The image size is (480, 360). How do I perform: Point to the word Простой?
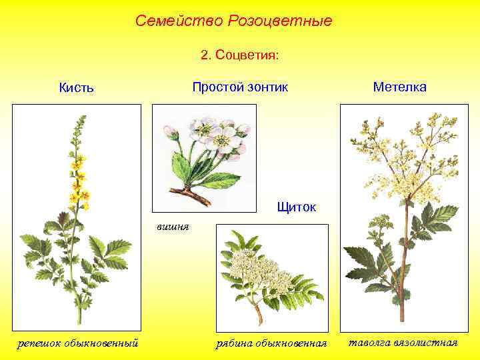pos(215,87)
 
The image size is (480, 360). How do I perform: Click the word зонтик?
pos(265,87)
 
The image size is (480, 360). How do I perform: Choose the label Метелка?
pos(400,87)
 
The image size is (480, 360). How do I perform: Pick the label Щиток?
pos(297,207)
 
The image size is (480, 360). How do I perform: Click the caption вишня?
pos(173,227)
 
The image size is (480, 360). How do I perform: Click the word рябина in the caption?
pos(233,343)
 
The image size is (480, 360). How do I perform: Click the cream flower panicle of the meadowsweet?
pos(400,160)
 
